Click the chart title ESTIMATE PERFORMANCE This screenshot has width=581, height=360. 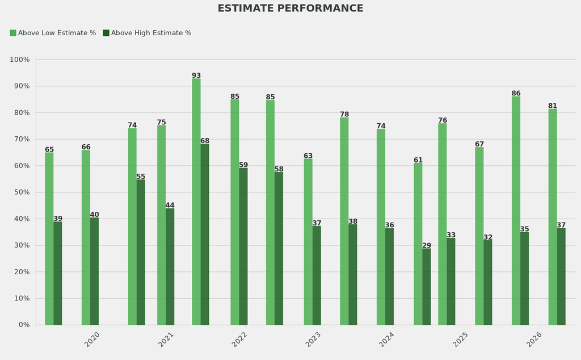click(x=290, y=9)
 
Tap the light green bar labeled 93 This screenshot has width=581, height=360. click(x=196, y=202)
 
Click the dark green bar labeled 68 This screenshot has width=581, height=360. click(x=205, y=234)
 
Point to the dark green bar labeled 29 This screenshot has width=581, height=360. click(x=427, y=286)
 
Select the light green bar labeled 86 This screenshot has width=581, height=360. click(x=516, y=210)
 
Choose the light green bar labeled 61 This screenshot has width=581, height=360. click(x=418, y=244)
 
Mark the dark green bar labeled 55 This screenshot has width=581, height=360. click(x=141, y=252)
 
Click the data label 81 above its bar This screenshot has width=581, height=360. click(x=553, y=106)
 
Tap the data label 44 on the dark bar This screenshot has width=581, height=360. click(x=170, y=206)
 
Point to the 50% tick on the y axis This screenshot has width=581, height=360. click(x=20, y=192)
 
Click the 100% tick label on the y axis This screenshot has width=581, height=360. click(x=19, y=60)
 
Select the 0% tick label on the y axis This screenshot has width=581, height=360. click(x=24, y=325)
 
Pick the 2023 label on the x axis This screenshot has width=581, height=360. click(x=313, y=340)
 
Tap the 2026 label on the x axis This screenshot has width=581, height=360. click(x=534, y=340)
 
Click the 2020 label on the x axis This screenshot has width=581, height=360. click(x=92, y=340)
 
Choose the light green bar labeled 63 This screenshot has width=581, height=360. click(x=308, y=241)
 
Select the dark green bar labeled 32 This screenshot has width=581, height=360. click(x=488, y=282)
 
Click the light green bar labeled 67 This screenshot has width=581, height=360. click(x=479, y=236)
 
